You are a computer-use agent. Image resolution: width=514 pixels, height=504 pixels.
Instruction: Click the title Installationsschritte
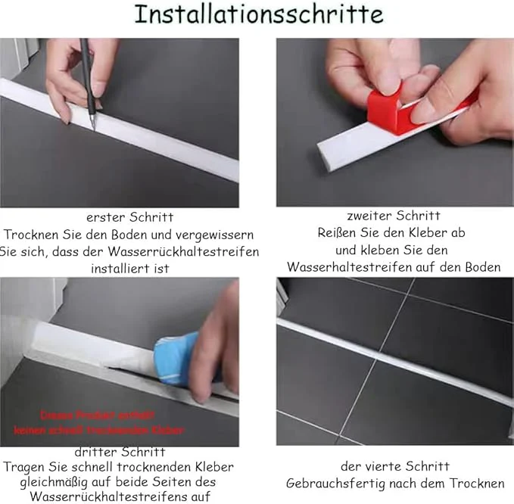pyautogui.click(x=258, y=15)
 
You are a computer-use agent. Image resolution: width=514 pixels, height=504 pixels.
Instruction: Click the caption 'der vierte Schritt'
pyautogui.click(x=394, y=466)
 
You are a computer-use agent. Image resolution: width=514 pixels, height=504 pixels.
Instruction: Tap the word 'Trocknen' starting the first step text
pyautogui.click(x=33, y=235)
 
